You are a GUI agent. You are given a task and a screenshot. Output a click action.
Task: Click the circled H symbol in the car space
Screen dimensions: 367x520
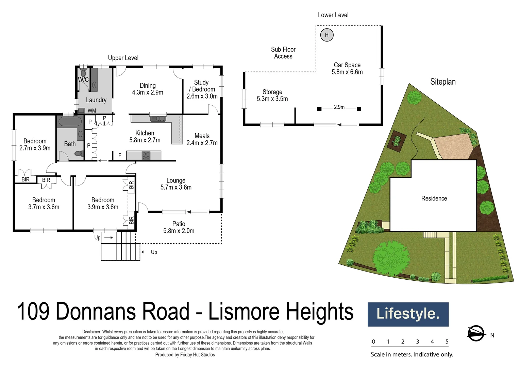tap(326, 35)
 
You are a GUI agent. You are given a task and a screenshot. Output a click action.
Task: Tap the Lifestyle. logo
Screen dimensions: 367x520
tap(408, 314)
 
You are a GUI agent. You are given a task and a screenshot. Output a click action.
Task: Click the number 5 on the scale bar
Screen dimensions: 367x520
tap(447, 342)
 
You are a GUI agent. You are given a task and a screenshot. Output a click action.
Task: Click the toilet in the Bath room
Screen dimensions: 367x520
tap(79, 154)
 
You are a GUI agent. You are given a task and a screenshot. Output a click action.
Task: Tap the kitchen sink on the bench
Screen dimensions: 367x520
tap(158, 119)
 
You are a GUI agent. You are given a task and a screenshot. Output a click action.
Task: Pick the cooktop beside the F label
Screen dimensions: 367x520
tap(146, 156)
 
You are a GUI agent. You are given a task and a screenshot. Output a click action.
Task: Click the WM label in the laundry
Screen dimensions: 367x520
tap(92, 111)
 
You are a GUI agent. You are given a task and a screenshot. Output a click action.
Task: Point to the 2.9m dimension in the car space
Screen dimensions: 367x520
tap(339, 107)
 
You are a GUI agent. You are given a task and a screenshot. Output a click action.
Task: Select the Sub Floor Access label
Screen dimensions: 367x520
tap(283, 53)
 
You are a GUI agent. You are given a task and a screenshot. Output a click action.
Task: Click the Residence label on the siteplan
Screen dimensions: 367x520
tap(434, 198)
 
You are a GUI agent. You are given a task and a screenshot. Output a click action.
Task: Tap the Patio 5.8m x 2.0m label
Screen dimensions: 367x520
tap(179, 227)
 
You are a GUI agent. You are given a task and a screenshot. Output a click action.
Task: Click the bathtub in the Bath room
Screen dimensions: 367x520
tap(70, 122)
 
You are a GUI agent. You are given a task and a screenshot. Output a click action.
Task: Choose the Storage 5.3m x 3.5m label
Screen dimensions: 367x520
tap(272, 95)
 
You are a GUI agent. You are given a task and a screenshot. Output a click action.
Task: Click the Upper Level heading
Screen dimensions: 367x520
tap(123, 58)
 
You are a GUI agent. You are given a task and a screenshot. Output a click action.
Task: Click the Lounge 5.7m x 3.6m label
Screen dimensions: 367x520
tap(176, 184)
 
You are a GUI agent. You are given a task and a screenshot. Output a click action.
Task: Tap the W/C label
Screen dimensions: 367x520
tap(83, 80)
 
